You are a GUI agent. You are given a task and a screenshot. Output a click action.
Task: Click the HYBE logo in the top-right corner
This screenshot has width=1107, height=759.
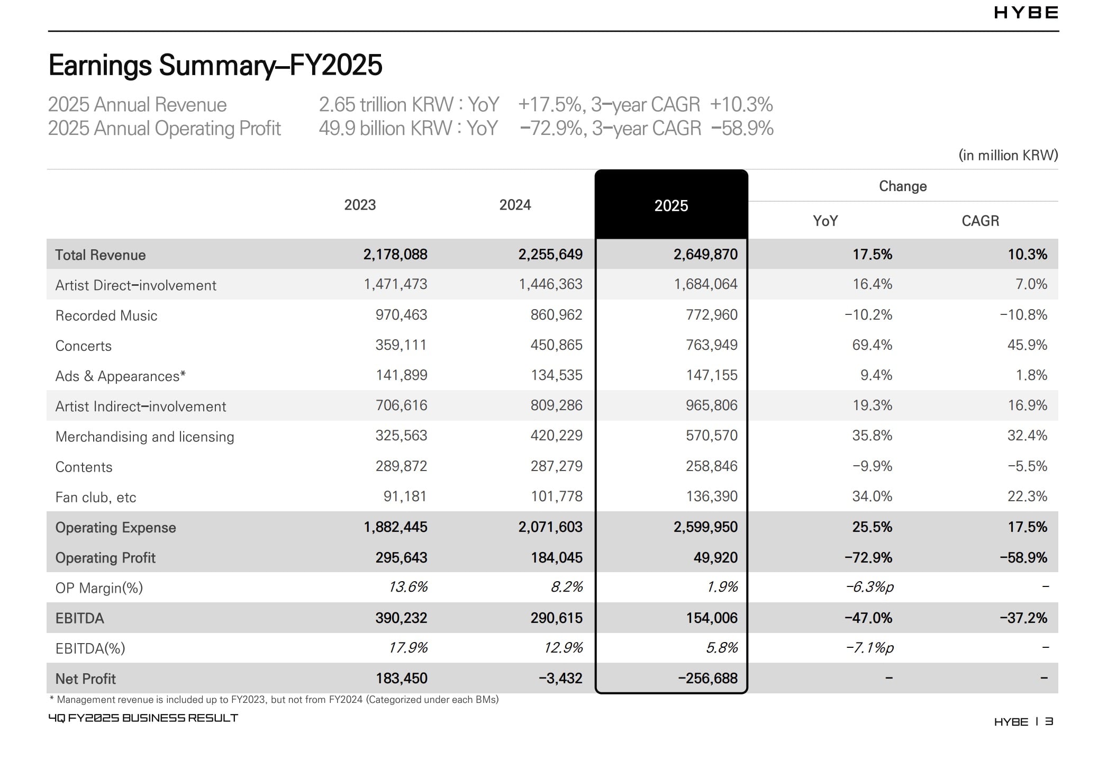pos(1026,13)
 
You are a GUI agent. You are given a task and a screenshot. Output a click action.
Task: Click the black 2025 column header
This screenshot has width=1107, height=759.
pos(671,205)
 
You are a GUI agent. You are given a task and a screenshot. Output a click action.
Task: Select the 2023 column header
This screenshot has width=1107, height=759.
pos(360,205)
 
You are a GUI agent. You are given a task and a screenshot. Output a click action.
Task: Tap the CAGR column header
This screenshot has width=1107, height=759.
pos(980,221)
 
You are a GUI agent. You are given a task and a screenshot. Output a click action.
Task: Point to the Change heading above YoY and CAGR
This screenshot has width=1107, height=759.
pos(903,186)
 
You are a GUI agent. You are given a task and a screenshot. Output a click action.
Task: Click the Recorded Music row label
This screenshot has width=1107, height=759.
pos(106,315)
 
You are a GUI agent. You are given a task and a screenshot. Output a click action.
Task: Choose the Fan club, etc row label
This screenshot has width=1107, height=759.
pos(96,497)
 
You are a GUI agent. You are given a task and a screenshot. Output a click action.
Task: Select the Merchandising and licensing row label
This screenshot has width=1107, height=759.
pos(144,437)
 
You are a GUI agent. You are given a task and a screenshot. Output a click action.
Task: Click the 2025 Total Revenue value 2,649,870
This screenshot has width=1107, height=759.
pos(705,255)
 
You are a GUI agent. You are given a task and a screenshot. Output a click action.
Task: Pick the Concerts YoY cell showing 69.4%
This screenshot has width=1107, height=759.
pos(872,345)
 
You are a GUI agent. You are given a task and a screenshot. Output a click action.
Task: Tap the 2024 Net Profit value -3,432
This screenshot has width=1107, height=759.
pos(560,678)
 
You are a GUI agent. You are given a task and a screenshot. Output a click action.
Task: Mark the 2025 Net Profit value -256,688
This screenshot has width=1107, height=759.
pos(707,678)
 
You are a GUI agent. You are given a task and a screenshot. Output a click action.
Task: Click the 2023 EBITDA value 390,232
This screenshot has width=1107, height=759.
pos(401,618)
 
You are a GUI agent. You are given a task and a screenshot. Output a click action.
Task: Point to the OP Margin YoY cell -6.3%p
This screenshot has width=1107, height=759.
pos(869,587)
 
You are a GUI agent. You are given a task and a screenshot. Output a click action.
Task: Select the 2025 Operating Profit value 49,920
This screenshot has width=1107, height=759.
pos(715,557)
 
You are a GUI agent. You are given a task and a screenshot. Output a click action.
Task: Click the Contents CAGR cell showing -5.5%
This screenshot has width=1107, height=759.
pos(1027,466)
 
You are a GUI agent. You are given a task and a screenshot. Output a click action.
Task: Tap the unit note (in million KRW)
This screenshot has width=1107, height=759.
pos(1008,155)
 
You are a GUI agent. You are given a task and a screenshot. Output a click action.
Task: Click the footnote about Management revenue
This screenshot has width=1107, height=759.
pos(274,700)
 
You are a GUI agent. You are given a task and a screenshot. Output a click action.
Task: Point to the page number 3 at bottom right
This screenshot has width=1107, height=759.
pos(1049,721)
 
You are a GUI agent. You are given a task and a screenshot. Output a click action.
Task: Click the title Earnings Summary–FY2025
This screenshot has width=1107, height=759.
pos(215,65)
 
